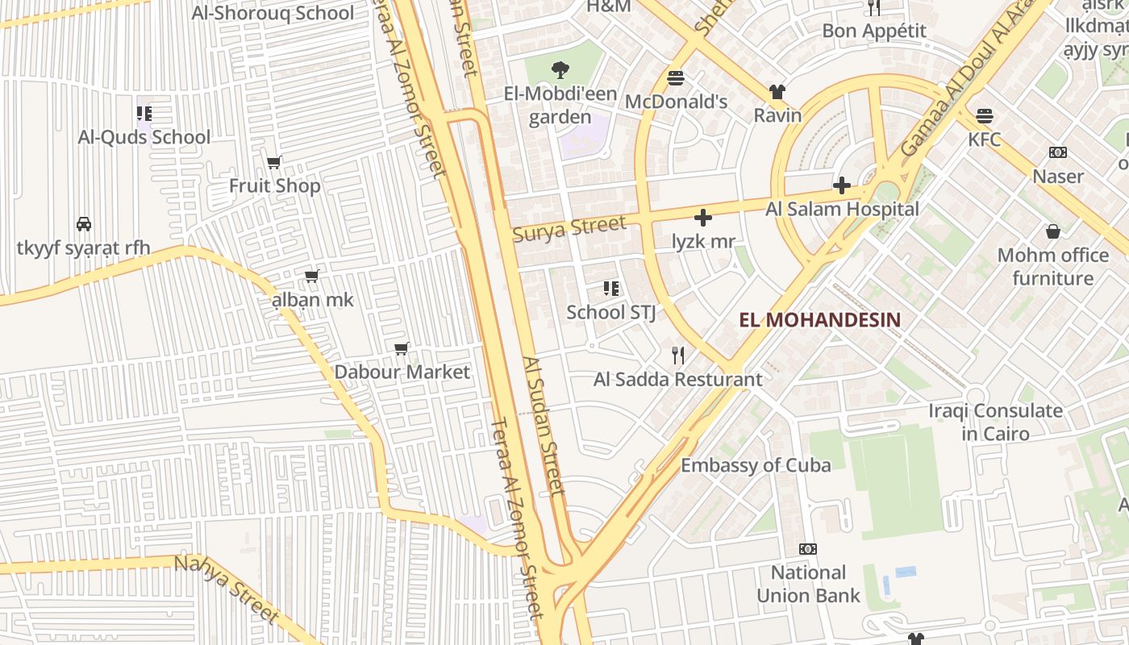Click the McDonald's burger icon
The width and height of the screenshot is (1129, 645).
pos(676,78)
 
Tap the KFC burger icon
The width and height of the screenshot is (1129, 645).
pos(984,115)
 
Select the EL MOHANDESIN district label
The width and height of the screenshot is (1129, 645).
pos(820,319)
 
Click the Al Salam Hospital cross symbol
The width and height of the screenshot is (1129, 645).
pos(841,186)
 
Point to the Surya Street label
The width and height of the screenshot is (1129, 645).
pos(569,228)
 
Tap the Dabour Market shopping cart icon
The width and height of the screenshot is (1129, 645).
pos(402,348)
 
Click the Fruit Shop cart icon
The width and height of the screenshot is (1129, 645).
pos(274,162)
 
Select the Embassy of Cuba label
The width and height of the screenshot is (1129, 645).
pos(756,465)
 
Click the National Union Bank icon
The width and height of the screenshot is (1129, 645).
pos(807,549)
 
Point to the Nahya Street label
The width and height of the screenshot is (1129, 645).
pos(227,589)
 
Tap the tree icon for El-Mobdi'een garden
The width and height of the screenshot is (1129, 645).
pos(560,70)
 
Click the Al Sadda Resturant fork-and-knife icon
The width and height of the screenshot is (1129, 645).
pos(678,355)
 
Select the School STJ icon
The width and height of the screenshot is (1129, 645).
pos(610,288)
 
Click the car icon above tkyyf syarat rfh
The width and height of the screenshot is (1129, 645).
pos(83,223)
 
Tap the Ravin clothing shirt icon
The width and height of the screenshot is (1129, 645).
pos(777,92)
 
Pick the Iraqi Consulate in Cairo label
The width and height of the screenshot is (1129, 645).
pos(995,422)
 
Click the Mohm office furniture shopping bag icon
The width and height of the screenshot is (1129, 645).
pos(1052,232)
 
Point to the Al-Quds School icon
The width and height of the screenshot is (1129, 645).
pos(144,114)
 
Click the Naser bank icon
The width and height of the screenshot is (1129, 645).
pos(1057,152)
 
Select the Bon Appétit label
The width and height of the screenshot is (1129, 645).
pos(874,31)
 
